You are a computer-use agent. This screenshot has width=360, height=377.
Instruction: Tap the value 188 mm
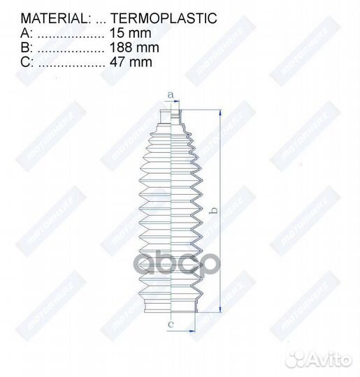click(x=134, y=47)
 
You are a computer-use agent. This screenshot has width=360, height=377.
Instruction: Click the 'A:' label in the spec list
click(x=26, y=33)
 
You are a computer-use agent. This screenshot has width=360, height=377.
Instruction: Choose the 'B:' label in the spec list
click(x=26, y=47)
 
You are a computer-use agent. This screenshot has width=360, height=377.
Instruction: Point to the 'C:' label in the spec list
click(x=26, y=62)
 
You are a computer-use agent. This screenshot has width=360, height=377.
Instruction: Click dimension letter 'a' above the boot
click(x=170, y=95)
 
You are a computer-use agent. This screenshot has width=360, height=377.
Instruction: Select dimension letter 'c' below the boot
click(x=170, y=325)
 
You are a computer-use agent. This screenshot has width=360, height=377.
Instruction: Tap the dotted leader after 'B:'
click(x=69, y=47)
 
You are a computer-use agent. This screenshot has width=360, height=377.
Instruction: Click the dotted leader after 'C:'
click(x=69, y=62)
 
